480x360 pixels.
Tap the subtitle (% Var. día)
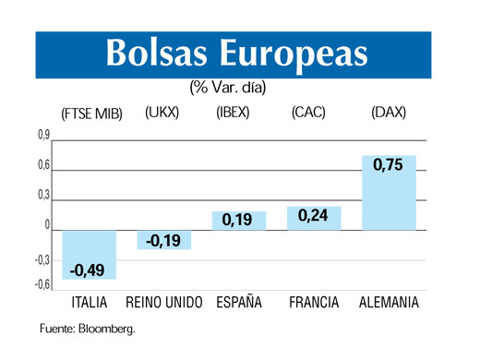(228, 88)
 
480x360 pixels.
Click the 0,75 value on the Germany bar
(389, 166)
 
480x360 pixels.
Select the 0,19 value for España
(238, 220)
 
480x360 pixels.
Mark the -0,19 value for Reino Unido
(163, 241)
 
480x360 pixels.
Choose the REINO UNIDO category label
(163, 303)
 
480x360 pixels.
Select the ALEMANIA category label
(389, 303)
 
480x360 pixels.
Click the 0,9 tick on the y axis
(43, 136)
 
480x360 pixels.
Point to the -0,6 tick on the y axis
(42, 285)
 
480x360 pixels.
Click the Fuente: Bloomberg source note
(87, 330)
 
